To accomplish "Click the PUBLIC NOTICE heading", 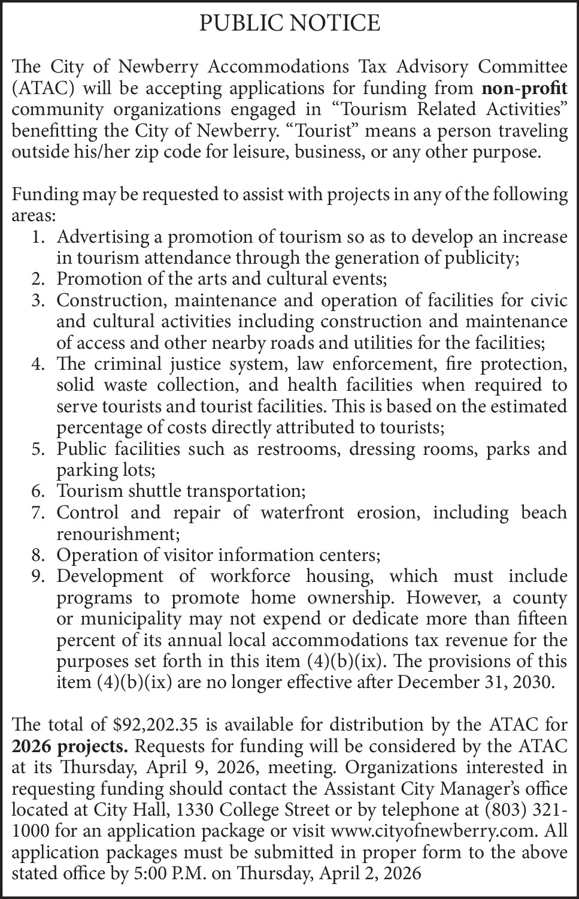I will coord(289,23).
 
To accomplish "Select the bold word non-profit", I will coord(525,89).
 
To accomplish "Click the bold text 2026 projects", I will coord(70,747).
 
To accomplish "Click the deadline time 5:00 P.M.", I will coord(172,874).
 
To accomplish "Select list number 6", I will coord(38,491).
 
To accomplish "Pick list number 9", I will coord(38,577).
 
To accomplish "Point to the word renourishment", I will coord(117,533).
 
